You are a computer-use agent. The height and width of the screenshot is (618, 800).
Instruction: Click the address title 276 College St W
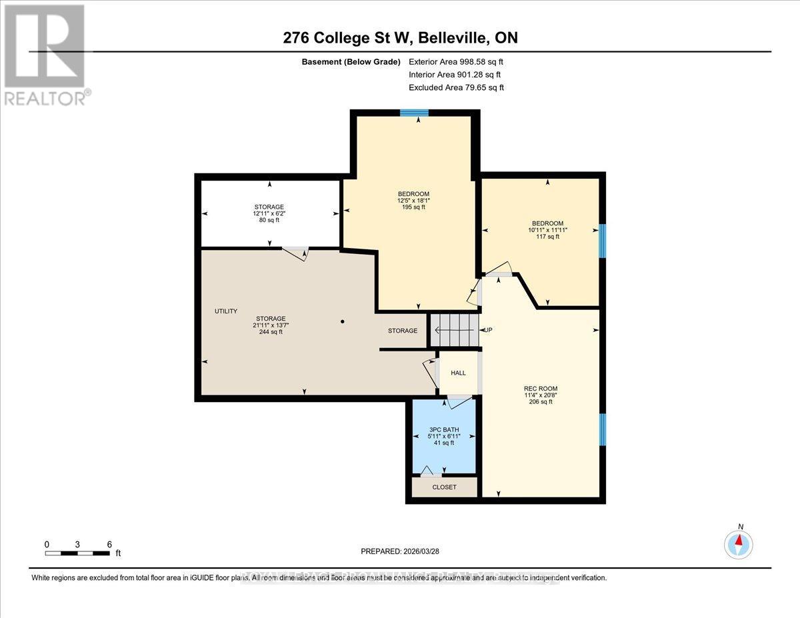400,38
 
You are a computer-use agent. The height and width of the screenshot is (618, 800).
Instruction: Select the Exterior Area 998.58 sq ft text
456,62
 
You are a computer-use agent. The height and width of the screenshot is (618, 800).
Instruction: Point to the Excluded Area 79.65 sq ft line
456,87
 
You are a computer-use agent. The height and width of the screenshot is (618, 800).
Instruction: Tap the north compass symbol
738,544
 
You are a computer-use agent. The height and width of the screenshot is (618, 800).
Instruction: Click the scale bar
79,553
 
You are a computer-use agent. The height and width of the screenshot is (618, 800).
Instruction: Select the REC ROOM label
540,388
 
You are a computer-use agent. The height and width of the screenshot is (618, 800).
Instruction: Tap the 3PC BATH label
444,429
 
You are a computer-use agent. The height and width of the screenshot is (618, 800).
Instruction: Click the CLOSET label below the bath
444,487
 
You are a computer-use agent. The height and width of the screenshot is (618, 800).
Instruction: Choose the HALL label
458,373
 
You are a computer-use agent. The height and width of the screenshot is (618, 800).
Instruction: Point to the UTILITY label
225,311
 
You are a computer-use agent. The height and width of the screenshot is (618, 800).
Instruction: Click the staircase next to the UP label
454,330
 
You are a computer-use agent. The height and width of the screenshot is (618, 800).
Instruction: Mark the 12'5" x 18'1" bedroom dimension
413,201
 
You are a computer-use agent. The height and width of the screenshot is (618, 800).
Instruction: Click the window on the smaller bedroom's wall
602,241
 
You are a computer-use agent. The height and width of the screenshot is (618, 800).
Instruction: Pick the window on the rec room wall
602,429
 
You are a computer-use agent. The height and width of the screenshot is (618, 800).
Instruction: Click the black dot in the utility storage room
342,322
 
